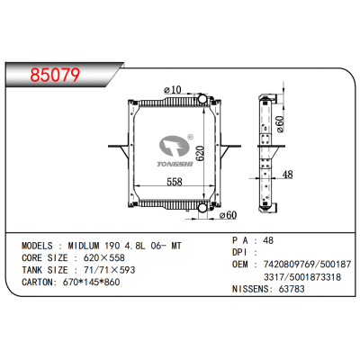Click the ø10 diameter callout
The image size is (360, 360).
pos(174,88)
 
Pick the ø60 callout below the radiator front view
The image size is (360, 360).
pos(226,214)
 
